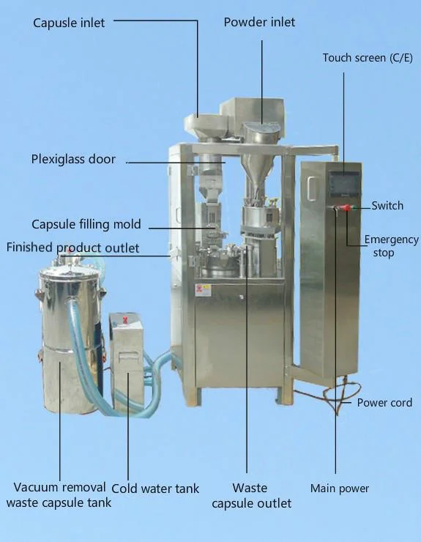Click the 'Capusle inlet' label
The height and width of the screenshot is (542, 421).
pyautogui.click(x=69, y=23)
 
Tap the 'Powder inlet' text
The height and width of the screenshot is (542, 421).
pyautogui.click(x=259, y=22)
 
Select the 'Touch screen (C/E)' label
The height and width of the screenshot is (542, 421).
pyautogui.click(x=368, y=58)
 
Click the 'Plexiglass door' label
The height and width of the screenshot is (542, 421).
pyautogui.click(x=73, y=159)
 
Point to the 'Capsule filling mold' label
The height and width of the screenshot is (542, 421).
pyautogui.click(x=86, y=224)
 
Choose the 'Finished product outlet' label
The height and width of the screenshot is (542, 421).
pyautogui.click(x=73, y=248)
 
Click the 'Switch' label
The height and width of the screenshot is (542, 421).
pyautogui.click(x=387, y=206)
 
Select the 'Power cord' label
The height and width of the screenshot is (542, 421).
pyautogui.click(x=384, y=403)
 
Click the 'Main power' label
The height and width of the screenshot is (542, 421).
pyautogui.click(x=340, y=489)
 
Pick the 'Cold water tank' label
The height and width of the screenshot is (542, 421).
pyautogui.click(x=155, y=489)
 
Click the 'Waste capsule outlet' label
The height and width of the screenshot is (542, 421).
pyautogui.click(x=251, y=495)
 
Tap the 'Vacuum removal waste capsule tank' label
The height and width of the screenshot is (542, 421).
pyautogui.click(x=59, y=494)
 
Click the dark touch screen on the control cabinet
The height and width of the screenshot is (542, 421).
pyautogui.click(x=344, y=184)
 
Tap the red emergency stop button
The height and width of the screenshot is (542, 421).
pyautogui.click(x=346, y=208)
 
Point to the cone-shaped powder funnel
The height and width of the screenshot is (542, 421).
pyautogui.click(x=256, y=172)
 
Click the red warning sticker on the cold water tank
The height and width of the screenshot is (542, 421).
pyautogui.click(x=124, y=320)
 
